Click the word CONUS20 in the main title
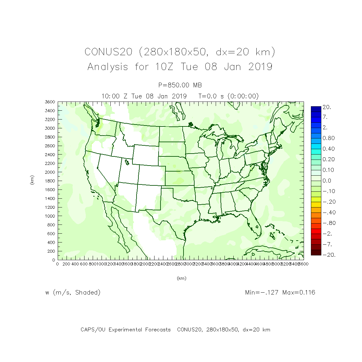click(108, 52)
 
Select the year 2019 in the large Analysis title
click(260, 67)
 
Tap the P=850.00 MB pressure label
click(180, 85)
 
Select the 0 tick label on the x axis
click(57, 264)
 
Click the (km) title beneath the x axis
click(181, 278)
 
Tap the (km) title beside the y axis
click(32, 180)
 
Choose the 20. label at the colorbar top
click(327, 107)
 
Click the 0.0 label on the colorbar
click(327, 181)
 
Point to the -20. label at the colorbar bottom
click(329, 255)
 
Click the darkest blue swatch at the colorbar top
click(316, 109)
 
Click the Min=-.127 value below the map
click(262, 292)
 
